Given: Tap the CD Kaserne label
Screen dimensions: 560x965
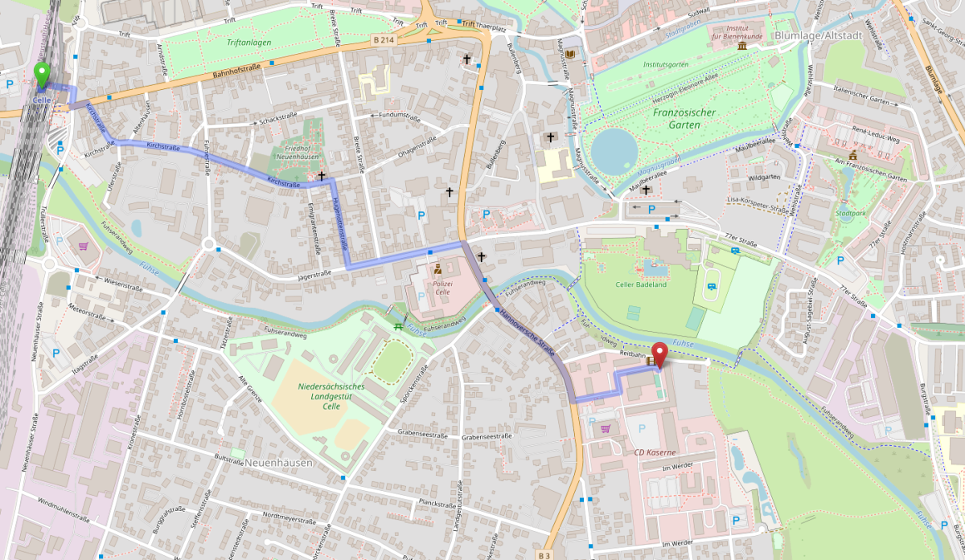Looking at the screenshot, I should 655,453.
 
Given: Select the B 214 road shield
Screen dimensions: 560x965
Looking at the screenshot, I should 384,39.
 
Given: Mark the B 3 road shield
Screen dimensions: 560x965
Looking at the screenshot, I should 545,555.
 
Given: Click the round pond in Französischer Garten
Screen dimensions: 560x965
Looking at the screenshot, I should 615,150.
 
